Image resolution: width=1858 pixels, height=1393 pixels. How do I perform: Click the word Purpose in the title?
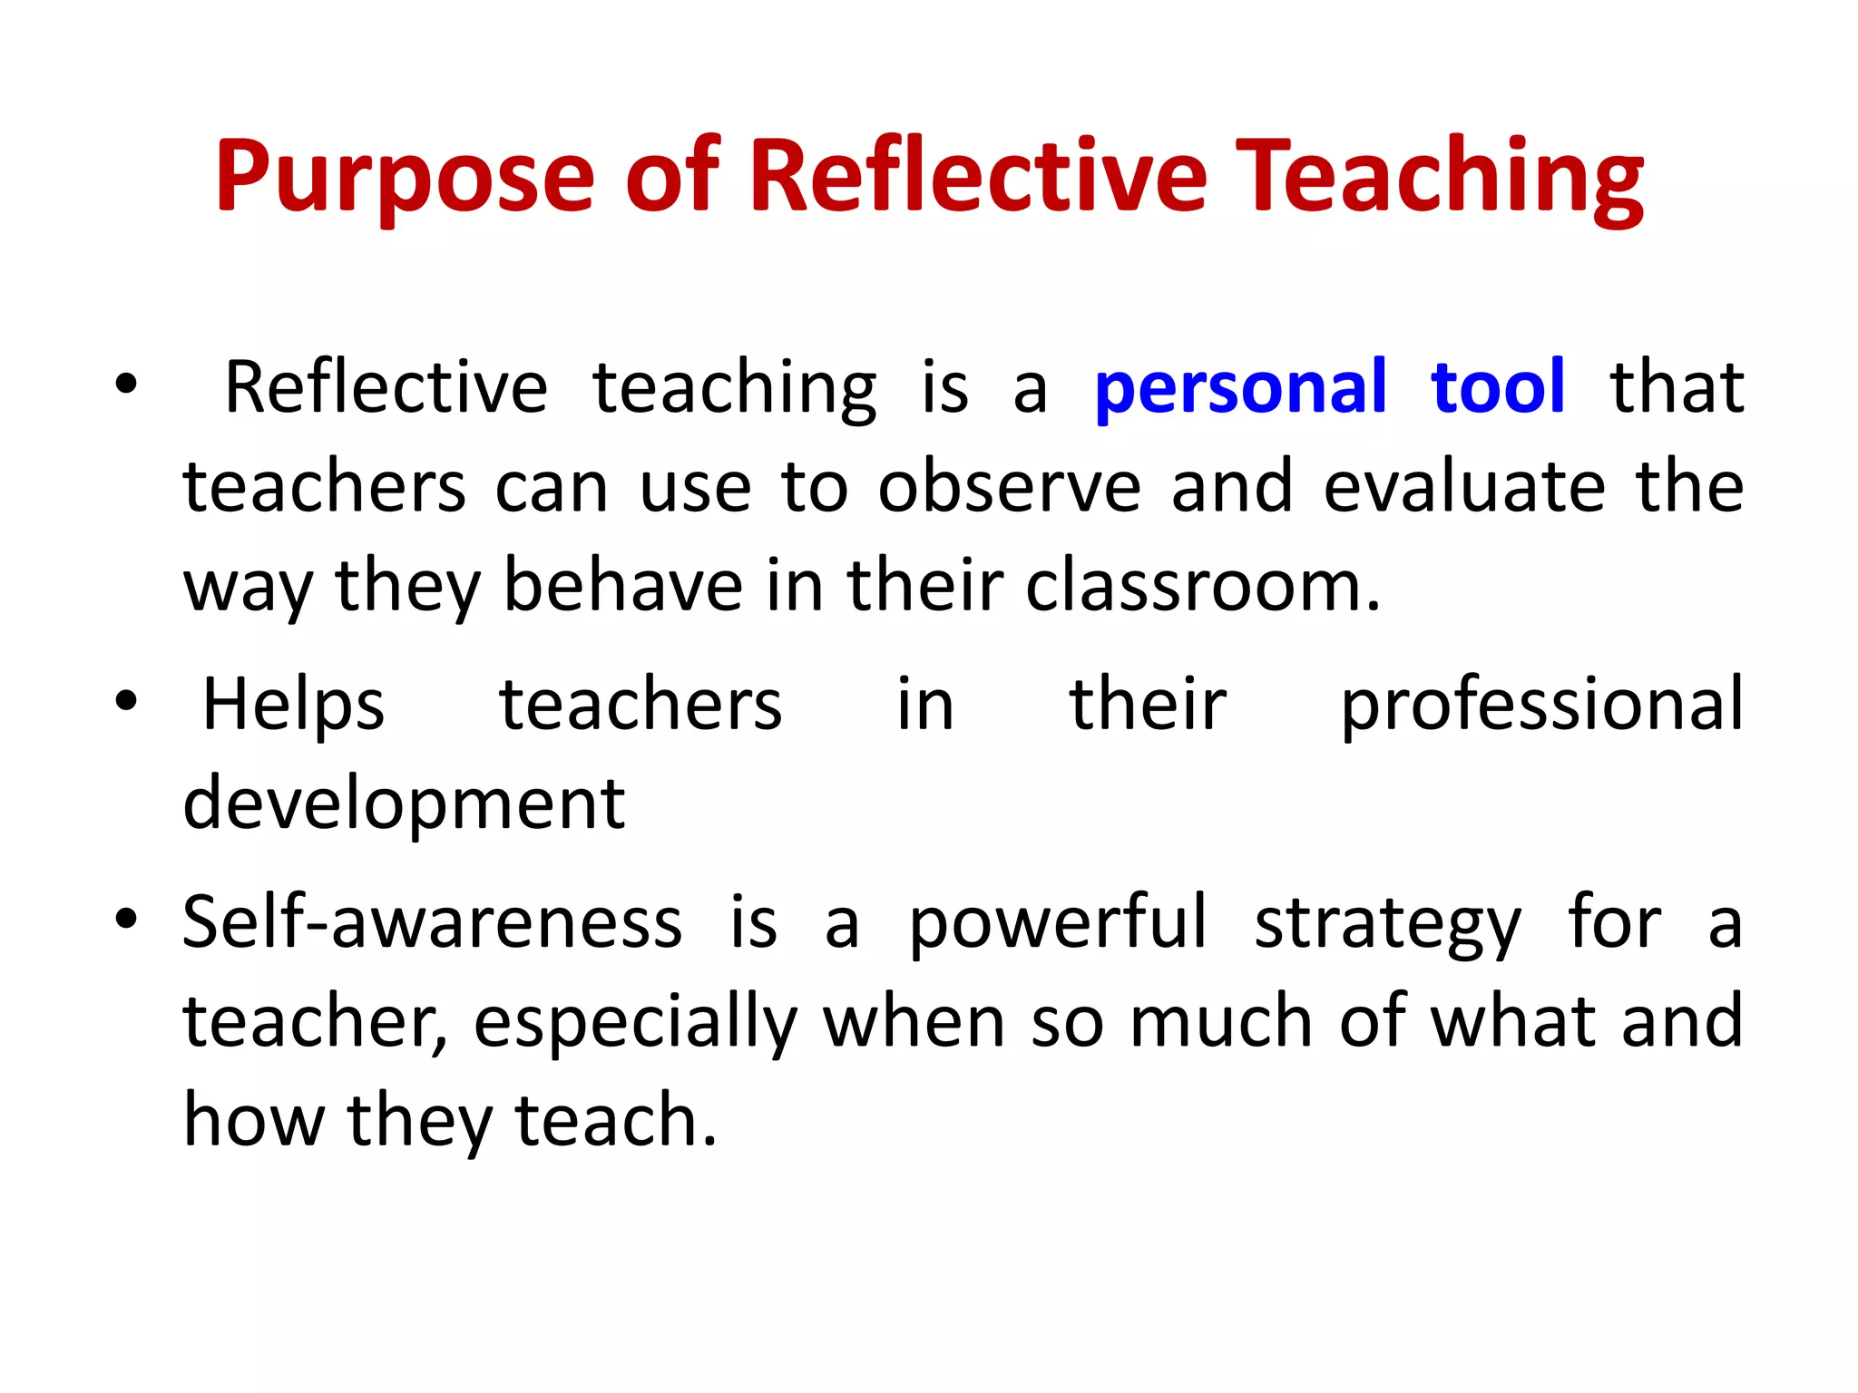(x=404, y=177)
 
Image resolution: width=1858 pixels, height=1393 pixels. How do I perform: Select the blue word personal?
(x=1240, y=388)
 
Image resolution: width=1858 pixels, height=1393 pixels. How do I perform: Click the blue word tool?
(x=1498, y=387)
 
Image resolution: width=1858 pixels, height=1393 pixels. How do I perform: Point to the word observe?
(x=1009, y=487)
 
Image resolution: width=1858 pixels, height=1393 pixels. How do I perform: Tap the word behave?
(x=623, y=586)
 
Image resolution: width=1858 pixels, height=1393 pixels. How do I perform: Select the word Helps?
(x=293, y=705)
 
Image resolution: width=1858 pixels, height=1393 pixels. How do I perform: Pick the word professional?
(x=1541, y=705)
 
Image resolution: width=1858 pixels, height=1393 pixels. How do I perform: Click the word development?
(x=404, y=804)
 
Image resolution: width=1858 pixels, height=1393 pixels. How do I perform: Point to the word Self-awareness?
(x=432, y=922)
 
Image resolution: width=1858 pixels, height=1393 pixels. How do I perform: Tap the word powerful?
(x=1058, y=922)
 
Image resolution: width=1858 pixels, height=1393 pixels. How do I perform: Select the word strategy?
(x=1387, y=922)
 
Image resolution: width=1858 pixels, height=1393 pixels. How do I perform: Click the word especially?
(x=635, y=1021)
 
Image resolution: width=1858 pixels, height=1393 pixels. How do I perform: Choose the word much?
(x=1221, y=1021)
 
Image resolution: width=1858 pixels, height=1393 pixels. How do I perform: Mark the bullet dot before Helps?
(x=126, y=700)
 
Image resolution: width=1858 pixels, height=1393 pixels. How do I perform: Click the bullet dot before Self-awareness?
(x=126, y=918)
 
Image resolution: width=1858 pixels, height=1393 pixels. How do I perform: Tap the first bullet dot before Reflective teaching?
(x=126, y=384)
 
